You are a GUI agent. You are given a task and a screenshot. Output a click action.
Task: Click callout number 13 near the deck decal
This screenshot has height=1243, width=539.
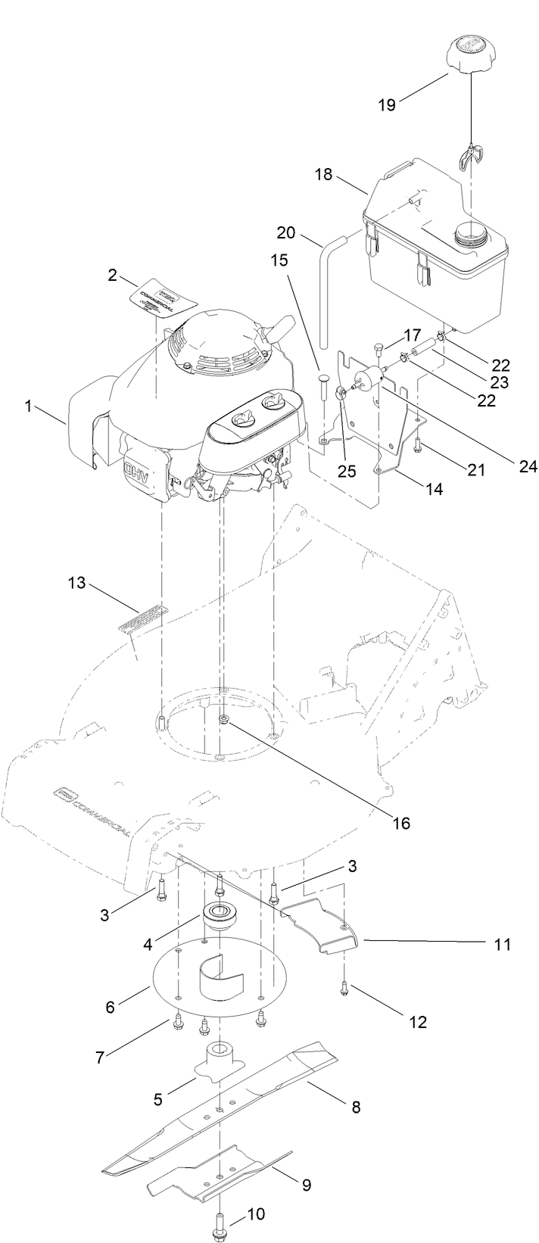(77, 583)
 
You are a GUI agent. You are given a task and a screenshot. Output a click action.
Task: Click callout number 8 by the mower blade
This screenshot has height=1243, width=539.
(355, 1107)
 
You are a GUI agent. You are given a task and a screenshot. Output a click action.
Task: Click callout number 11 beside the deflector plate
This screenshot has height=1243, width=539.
(503, 944)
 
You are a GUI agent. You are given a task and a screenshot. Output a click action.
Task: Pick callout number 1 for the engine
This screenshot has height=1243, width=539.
(28, 407)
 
